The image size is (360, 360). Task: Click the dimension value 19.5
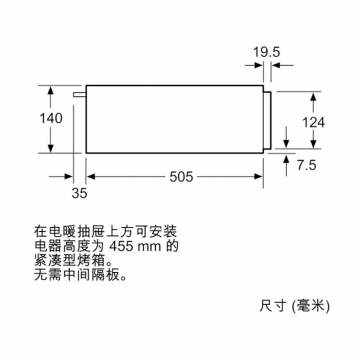(266, 52)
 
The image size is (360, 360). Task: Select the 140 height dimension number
(51, 118)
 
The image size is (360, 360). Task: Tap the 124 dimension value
(314, 122)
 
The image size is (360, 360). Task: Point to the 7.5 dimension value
(306, 165)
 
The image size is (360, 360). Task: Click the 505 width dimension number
(181, 177)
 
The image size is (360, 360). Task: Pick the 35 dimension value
(80, 193)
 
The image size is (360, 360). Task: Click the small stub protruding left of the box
(80, 94)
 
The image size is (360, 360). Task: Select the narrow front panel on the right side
(267, 120)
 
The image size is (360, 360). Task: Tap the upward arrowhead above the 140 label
(50, 90)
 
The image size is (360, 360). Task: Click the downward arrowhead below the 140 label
(50, 148)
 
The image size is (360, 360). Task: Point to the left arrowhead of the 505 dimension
(91, 176)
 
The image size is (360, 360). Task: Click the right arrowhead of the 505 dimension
(258, 176)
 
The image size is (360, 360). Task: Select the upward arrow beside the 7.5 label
(286, 166)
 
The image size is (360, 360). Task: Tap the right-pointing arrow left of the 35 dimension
(61, 176)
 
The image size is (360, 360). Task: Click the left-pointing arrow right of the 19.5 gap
(283, 65)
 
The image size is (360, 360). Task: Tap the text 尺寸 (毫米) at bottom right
(295, 306)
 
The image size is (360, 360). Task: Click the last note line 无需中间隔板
(81, 274)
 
